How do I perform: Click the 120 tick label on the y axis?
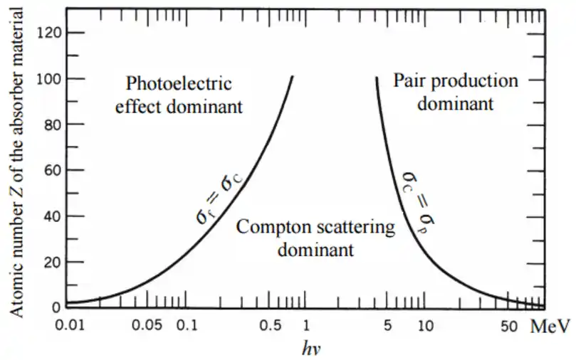55,33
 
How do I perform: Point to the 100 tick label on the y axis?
55,79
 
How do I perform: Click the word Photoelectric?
179,83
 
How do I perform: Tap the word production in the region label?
474,80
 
